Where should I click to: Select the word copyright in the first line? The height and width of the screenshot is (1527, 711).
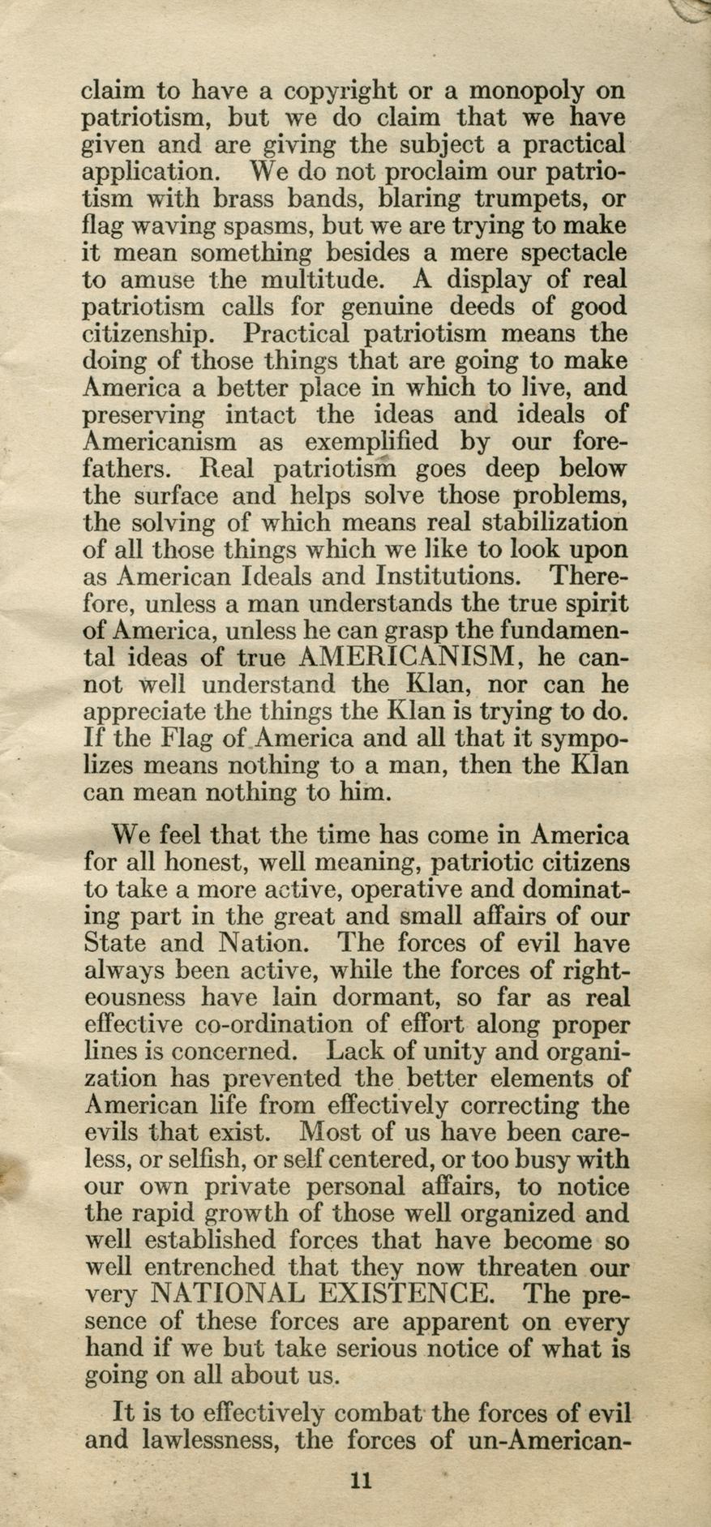click(x=339, y=91)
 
